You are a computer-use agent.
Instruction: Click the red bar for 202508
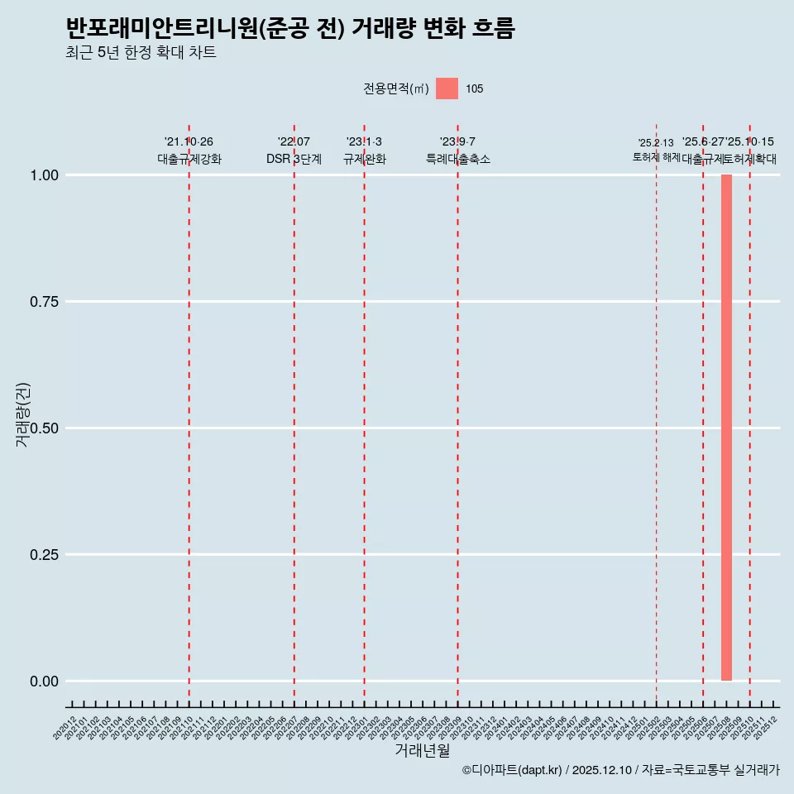(726, 428)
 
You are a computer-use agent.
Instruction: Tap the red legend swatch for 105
(447, 88)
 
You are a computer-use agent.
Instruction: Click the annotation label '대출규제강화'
(189, 159)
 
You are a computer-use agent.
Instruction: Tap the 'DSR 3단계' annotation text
(294, 159)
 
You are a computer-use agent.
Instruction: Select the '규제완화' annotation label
(364, 159)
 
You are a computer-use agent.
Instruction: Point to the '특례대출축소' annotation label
(457, 159)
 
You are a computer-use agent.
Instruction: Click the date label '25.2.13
(656, 142)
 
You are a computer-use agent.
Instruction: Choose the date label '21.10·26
(189, 142)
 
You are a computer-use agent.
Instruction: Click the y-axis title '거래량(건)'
(23, 415)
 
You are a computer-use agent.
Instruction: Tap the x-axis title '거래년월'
(423, 751)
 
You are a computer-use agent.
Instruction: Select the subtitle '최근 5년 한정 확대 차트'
(141, 53)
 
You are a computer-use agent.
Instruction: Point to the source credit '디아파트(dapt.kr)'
(513, 770)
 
